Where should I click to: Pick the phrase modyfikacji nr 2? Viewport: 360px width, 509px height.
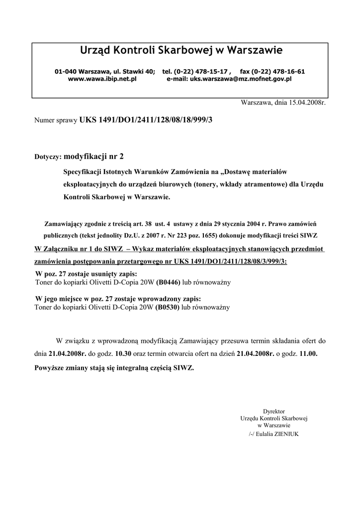pos(94,156)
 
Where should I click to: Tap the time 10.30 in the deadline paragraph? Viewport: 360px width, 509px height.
pos(123,353)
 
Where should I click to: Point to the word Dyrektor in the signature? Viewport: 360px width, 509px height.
pos(273,411)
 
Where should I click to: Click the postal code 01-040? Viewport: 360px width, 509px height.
pos(65,72)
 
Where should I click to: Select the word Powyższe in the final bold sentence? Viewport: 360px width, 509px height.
pos(50,368)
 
